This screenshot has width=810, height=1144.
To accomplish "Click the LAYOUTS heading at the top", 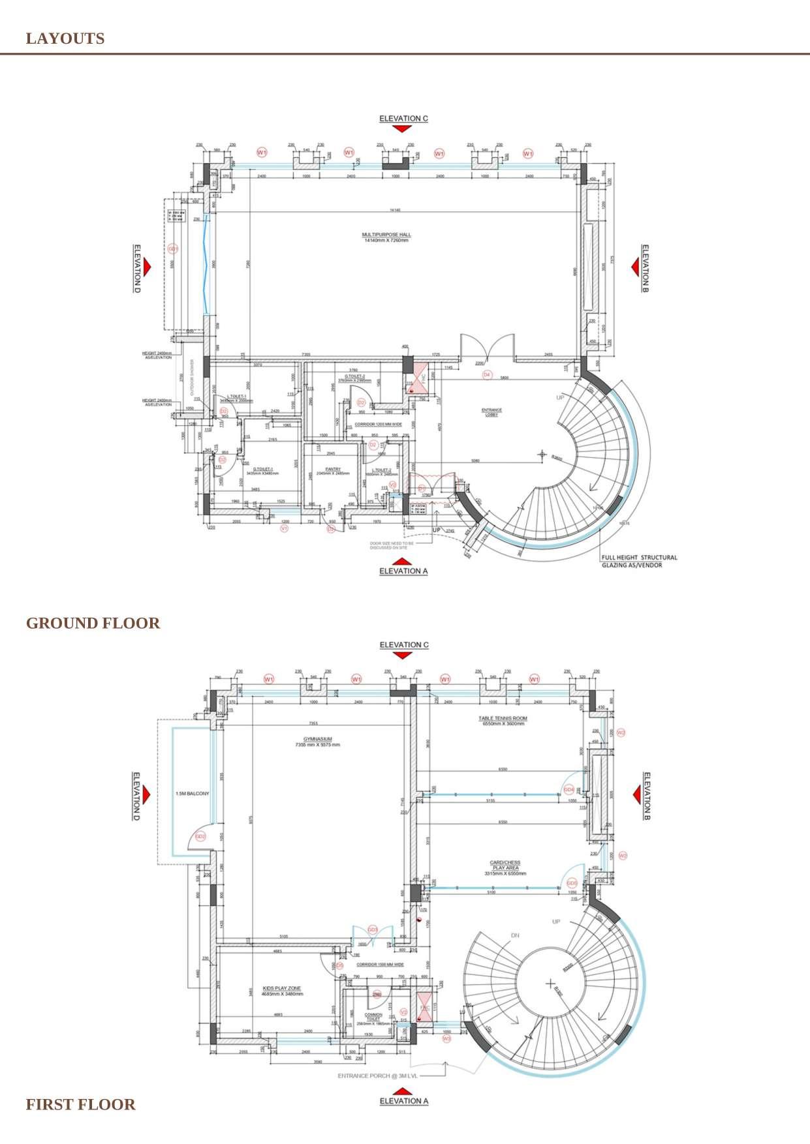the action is coord(65,38).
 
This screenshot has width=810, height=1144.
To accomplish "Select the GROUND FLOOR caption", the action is coord(93,623).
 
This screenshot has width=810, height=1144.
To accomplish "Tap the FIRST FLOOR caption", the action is coord(80,1104).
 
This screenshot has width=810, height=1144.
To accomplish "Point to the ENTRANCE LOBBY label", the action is coord(491,412).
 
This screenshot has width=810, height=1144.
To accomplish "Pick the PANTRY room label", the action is coord(333,471).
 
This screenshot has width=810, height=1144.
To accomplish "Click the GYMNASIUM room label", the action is coord(317,742).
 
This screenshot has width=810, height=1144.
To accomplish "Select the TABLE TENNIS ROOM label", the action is coord(503,720).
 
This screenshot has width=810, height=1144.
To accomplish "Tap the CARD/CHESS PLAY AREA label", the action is coord(505,867).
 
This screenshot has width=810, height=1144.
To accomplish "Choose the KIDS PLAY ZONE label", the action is coord(282,991).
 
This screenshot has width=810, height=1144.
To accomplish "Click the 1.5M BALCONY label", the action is coord(193,794).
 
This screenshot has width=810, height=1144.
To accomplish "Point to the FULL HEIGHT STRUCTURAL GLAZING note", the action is coord(640,561).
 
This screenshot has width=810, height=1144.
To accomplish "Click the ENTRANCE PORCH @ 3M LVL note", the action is coord(377,1076).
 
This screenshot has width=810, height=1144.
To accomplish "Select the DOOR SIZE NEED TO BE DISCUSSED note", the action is coord(392,545).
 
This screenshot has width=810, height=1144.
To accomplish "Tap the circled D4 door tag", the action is coord(486,375).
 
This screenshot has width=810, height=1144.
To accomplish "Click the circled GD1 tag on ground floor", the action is coord(173,249).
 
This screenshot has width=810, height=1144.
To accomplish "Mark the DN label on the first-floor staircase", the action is coord(515,935).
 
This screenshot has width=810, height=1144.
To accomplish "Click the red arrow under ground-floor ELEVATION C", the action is coord(403,129).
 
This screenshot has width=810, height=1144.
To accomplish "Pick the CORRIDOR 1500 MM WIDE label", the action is coord(379,964).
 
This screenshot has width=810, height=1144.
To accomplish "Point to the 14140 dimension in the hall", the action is coord(394,210).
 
